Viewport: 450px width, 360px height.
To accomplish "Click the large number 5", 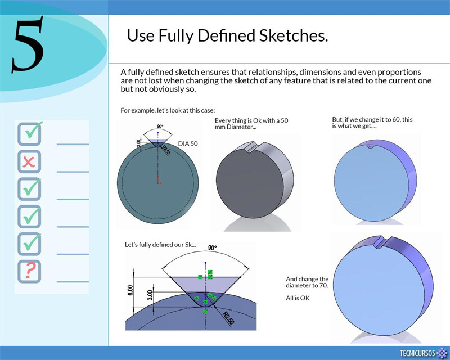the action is click(x=28, y=44).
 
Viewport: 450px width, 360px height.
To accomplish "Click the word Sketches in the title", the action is click(x=293, y=35).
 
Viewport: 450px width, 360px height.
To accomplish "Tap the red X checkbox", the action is click(x=29, y=161).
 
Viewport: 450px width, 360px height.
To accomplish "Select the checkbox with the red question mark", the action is click(x=29, y=272).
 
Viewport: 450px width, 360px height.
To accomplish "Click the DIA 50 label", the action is click(x=188, y=143).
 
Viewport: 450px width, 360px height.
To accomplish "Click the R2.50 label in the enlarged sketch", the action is click(x=228, y=318).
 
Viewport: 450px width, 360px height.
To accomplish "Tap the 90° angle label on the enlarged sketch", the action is click(x=213, y=247).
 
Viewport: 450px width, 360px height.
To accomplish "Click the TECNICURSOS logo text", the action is click(x=417, y=353).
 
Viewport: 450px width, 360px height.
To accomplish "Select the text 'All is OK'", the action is click(x=298, y=298).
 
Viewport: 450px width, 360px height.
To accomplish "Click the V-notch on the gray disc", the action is click(x=249, y=147).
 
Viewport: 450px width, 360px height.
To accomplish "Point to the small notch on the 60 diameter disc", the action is click(x=370, y=147).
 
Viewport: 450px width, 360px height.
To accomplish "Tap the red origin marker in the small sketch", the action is click(x=158, y=181).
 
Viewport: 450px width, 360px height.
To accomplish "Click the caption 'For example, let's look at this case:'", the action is click(x=168, y=110).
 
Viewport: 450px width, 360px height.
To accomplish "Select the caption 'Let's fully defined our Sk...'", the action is click(x=160, y=245).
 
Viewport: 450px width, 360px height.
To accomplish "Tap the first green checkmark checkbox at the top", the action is click(x=29, y=134).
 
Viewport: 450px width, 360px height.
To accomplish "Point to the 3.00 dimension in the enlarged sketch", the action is click(x=150, y=295).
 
